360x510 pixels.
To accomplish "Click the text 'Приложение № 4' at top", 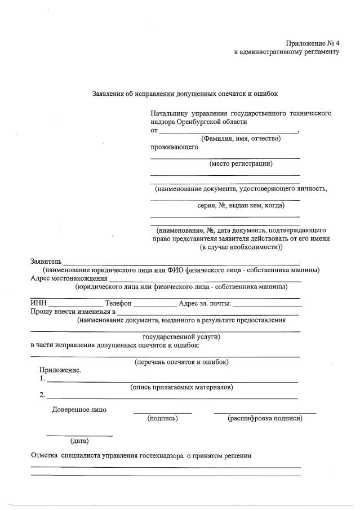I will [x=312, y=43].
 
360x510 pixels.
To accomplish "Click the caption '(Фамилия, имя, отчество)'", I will [x=241, y=139].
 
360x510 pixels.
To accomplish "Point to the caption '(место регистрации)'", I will [x=241, y=164].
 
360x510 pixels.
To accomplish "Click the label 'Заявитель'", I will [x=46, y=261].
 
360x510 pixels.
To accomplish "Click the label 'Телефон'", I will [x=118, y=304].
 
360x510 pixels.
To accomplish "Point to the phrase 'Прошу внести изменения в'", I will [x=73, y=312].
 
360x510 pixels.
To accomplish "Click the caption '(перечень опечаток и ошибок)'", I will [x=181, y=362].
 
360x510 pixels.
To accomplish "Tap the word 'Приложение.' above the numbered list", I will [x=60, y=370].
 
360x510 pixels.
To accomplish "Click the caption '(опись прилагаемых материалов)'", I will [x=181, y=387].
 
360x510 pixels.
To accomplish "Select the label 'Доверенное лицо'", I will [x=79, y=410].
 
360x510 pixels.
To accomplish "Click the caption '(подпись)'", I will [x=162, y=418].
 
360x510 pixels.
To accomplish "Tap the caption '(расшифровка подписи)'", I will [x=265, y=418].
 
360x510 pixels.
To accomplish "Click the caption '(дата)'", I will [x=79, y=440].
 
